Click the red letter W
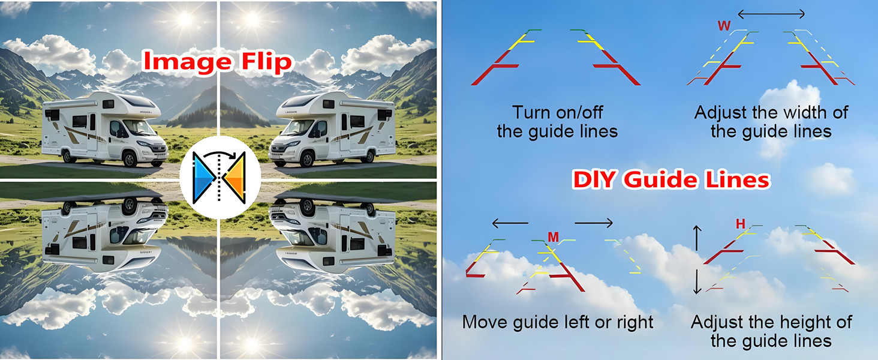(x=724, y=26)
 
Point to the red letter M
(x=553, y=238)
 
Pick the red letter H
(x=741, y=224)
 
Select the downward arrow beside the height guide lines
(x=697, y=282)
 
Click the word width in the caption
(x=800, y=113)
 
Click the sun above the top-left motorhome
(x=184, y=19)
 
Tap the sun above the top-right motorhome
(x=252, y=19)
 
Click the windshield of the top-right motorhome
(x=295, y=127)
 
